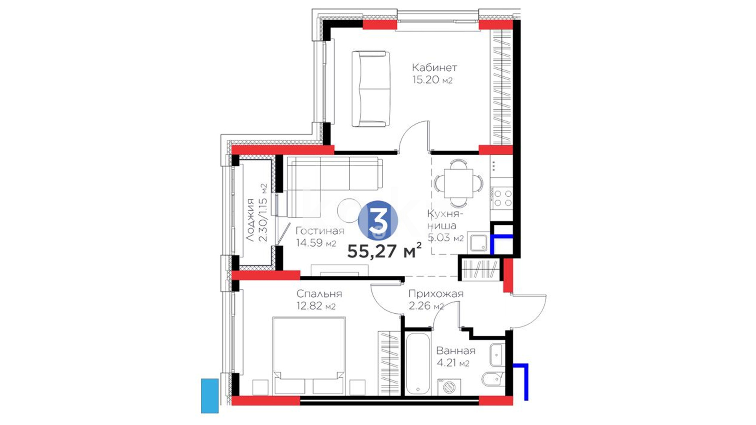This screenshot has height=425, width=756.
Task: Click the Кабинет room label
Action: [x=434, y=68]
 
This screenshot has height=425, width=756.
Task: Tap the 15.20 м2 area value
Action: [x=432, y=80]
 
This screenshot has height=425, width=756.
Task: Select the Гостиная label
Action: [x=320, y=231]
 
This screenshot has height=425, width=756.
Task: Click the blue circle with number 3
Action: [x=378, y=220]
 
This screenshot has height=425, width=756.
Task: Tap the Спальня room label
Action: [x=319, y=294]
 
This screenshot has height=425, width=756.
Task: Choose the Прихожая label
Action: [x=436, y=294]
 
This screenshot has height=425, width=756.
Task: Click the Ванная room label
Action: [x=456, y=351]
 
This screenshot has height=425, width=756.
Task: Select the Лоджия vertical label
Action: [x=250, y=220]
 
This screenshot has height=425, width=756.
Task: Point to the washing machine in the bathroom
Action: [x=449, y=387]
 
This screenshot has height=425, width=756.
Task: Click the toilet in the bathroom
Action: [x=492, y=379]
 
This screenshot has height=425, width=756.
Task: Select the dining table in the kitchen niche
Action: [x=458, y=183]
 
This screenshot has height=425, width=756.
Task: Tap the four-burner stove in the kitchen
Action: [x=502, y=198]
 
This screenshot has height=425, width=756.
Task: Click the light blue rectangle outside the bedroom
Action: [x=210, y=396]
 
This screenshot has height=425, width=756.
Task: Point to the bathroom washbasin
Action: [x=497, y=355]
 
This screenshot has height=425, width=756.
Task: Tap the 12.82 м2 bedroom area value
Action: [x=316, y=306]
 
